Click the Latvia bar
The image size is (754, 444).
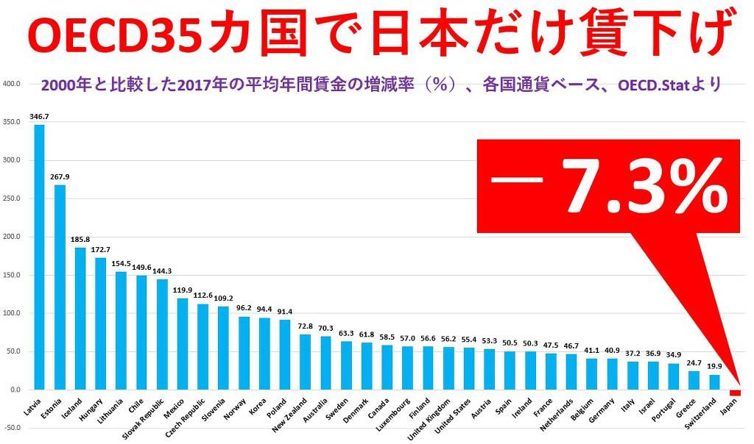pos(39,257)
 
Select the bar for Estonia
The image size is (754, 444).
pos(60,287)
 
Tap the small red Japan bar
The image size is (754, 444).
pos(734,393)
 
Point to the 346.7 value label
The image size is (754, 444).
pos(39,117)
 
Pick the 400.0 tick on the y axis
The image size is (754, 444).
pos(11,84)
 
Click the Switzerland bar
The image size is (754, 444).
pos(714,382)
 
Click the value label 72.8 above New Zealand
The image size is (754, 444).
pos(304,326)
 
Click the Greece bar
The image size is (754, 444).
pos(694,380)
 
